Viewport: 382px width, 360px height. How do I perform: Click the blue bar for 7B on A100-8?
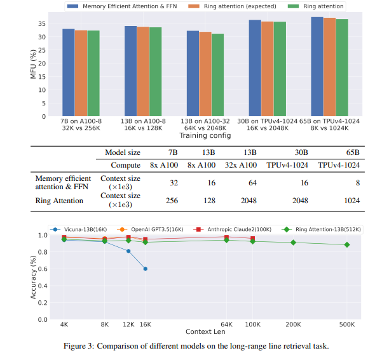pyautogui.click(x=68, y=72)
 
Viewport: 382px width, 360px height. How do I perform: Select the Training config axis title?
pyautogui.click(x=204, y=135)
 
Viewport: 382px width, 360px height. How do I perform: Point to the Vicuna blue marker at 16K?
pyautogui.click(x=146, y=269)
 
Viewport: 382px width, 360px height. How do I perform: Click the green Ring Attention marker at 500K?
pyautogui.click(x=346, y=244)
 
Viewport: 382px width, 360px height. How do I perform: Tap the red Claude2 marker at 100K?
pyautogui.click(x=253, y=239)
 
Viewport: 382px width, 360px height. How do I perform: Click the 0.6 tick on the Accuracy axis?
pyautogui.click(x=41, y=269)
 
